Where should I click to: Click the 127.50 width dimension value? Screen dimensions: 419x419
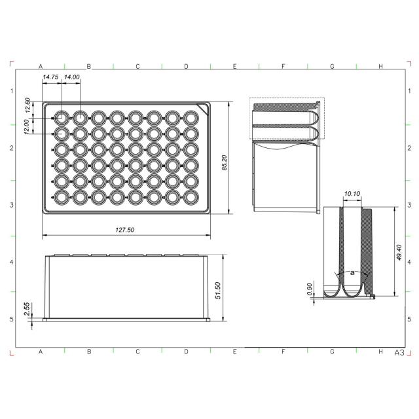pos(125,230)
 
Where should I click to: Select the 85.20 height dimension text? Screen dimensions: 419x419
pos(225,162)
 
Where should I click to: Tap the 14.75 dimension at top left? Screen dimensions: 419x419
pos(50,77)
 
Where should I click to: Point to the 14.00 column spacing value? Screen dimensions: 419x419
pos(72,77)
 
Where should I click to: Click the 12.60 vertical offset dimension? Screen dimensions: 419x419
pos(27,105)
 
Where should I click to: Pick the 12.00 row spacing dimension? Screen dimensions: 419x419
pos(26,126)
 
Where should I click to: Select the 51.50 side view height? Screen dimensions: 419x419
pos(218,291)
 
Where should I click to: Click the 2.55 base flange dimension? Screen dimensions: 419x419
pos(27,309)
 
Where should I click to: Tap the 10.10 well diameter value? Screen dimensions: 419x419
pos(352,194)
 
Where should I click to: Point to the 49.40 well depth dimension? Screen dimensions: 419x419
pos(399,253)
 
